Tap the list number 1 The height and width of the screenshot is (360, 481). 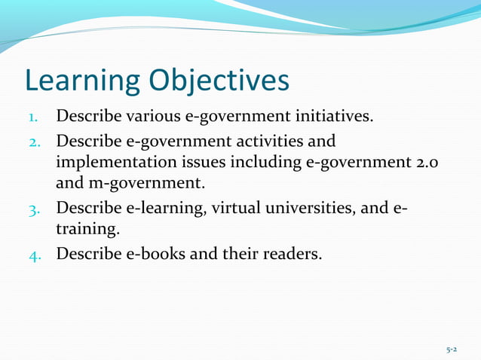34,119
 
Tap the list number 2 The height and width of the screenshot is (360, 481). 34,143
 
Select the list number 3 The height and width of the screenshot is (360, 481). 34,208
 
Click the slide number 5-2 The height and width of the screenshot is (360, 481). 452,349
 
